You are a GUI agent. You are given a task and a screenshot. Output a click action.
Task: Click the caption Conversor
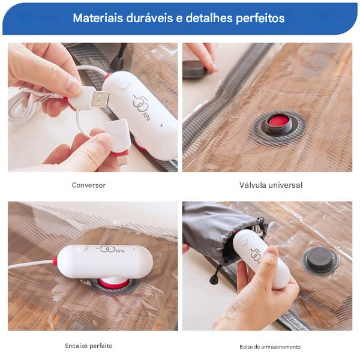click(x=88, y=185)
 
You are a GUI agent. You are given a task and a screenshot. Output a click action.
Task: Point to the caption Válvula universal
click(x=271, y=185)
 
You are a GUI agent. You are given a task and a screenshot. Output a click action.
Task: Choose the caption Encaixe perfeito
click(x=89, y=346)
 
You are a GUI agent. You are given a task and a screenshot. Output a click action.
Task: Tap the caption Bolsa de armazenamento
click(x=270, y=347)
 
